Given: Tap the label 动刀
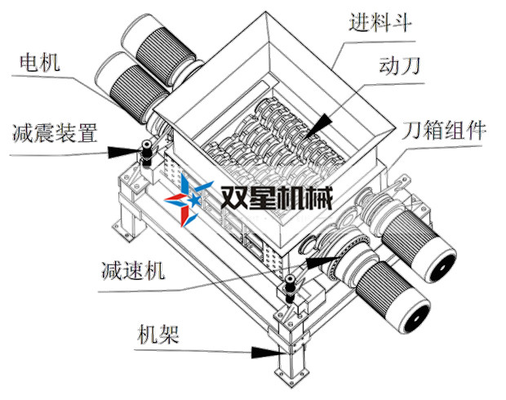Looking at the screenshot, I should point(399,68).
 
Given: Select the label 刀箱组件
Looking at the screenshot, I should point(445,130).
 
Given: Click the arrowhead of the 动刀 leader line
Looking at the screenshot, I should point(321,122).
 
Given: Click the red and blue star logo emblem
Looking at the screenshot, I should point(189,198).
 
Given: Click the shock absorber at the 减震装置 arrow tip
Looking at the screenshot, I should point(147,153).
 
